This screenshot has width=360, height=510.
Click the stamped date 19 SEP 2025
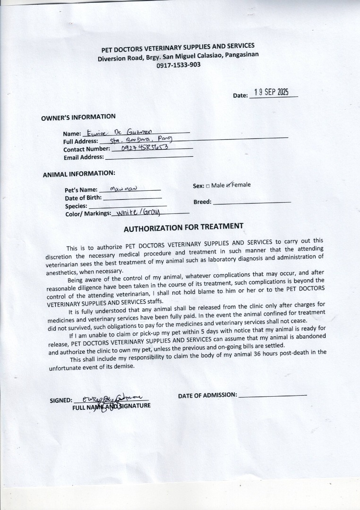point(271,92)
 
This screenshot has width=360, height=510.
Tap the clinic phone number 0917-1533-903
point(179,65)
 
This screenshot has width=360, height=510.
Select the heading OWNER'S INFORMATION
point(78,117)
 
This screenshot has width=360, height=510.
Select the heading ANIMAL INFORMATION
point(79,174)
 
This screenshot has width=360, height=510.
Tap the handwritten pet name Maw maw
point(123,189)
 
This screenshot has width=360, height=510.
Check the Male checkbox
point(208,186)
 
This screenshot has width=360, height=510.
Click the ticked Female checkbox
point(229,185)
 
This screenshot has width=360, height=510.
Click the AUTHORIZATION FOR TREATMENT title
point(183,228)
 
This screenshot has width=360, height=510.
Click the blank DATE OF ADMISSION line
point(273,395)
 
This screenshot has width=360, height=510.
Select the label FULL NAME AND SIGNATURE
point(111,407)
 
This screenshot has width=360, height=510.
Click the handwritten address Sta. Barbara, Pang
point(141,140)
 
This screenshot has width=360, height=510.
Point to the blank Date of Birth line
point(132,198)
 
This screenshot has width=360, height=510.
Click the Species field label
point(76,206)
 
